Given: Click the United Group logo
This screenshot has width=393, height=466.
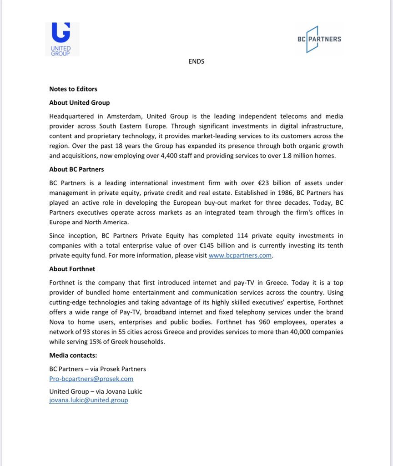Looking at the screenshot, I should (x=62, y=39).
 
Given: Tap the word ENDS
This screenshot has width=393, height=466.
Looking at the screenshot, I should (x=196, y=61).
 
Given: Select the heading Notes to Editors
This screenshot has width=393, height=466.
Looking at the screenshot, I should (x=73, y=89).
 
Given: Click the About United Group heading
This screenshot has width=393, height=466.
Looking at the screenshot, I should (x=80, y=102).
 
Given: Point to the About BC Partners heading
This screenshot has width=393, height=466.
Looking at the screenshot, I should (x=76, y=169).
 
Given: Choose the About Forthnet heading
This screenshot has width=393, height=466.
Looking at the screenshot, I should (x=72, y=269).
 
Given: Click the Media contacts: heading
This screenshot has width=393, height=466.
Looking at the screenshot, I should (x=73, y=355).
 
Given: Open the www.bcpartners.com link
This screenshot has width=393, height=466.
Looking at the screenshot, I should (x=240, y=256).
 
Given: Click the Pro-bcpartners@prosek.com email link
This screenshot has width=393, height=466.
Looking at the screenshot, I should (x=91, y=379).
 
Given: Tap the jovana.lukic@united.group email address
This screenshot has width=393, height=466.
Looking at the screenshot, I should (x=89, y=400).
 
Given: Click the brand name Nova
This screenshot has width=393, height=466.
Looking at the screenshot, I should (x=57, y=322).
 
